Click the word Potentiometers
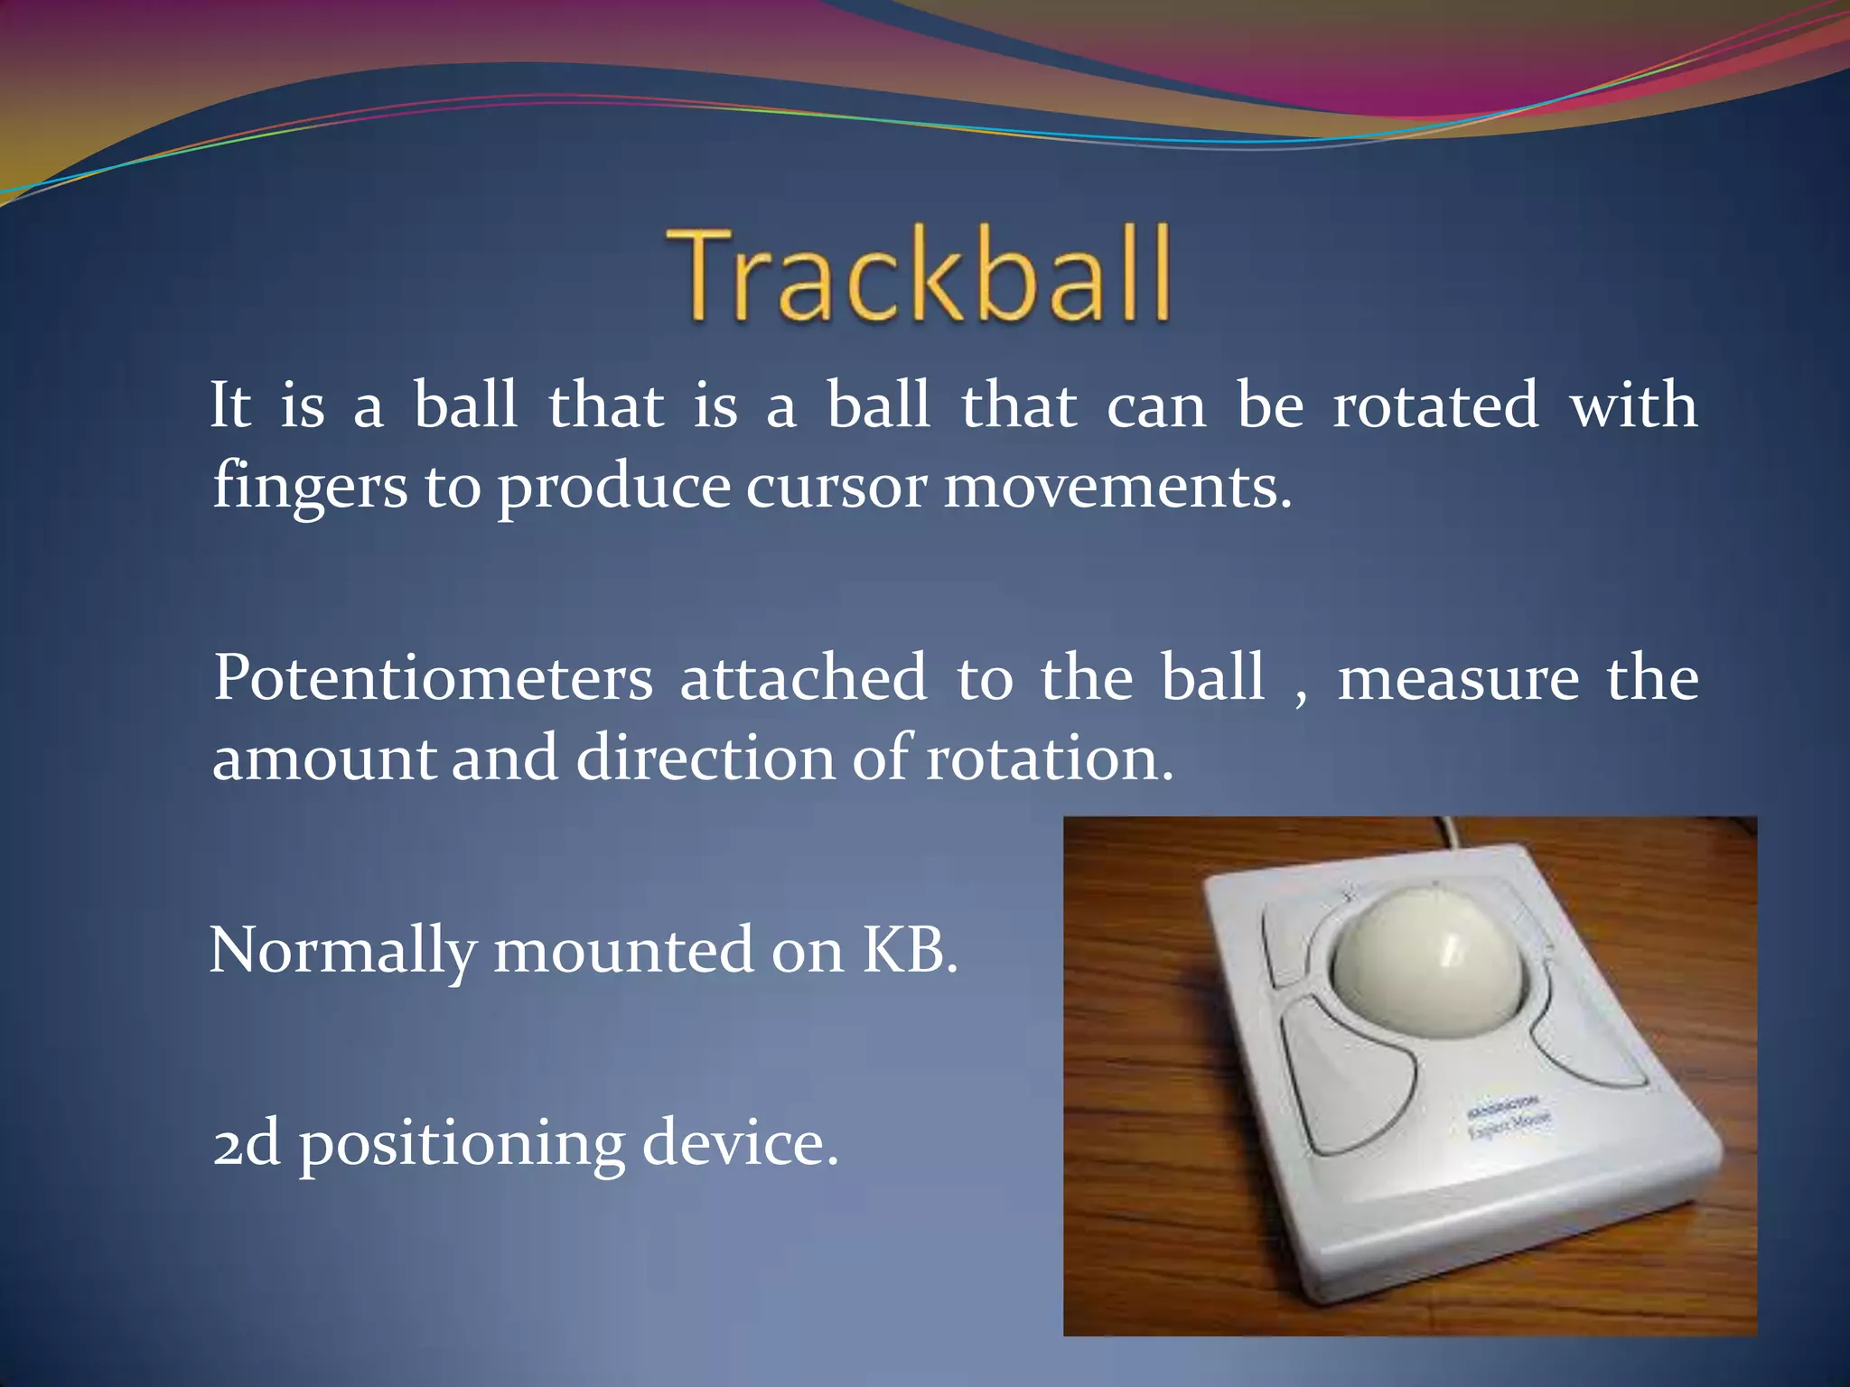[x=433, y=678]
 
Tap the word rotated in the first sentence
[x=1436, y=405]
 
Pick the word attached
[x=803, y=678]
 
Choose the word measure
[x=1458, y=678]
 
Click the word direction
[x=705, y=758]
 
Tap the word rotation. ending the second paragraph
[x=1050, y=758]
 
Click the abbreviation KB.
[x=909, y=950]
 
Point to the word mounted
[x=623, y=951]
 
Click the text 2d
[x=246, y=1144]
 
